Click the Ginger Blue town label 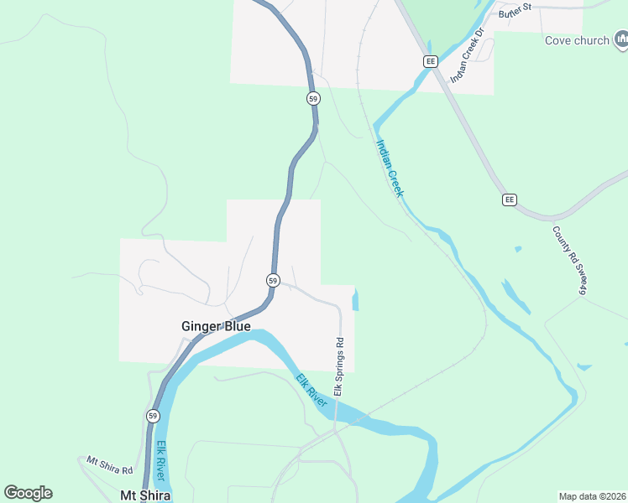click(216, 326)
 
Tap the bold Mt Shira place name click(146, 495)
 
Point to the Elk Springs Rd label click(340, 367)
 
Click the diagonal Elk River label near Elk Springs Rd click(311, 391)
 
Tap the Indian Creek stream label click(389, 168)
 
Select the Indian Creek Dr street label click(468, 55)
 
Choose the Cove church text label click(578, 39)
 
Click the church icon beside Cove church click(621, 39)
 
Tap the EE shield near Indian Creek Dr click(431, 61)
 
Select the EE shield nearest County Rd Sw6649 click(510, 200)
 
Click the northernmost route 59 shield click(313, 98)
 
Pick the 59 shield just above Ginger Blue click(273, 279)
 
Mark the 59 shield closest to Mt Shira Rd click(152, 416)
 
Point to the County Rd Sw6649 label click(568, 260)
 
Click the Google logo click(28, 493)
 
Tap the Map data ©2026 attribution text click(592, 496)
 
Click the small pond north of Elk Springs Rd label click(355, 299)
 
